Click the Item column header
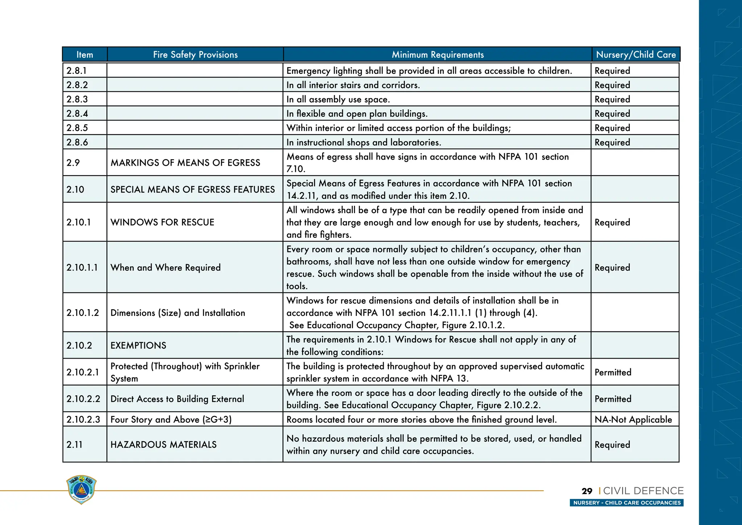(x=85, y=55)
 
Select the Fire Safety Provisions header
(x=195, y=55)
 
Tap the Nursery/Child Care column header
(x=636, y=55)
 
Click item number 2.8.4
(x=77, y=113)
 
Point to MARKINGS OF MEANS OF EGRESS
(x=185, y=163)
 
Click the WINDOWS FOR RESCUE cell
(x=162, y=222)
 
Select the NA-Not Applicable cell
(x=633, y=419)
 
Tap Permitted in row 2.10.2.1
(x=613, y=372)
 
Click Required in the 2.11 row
(x=612, y=445)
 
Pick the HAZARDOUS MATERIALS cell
(x=163, y=445)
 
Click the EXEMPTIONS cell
(x=138, y=346)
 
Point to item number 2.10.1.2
(x=83, y=313)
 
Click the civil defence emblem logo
(x=82, y=489)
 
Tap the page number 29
(x=587, y=491)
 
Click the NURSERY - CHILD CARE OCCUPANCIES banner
(x=626, y=503)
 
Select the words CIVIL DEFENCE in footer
(x=643, y=491)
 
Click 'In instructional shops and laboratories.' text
(x=364, y=142)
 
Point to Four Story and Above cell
(x=171, y=419)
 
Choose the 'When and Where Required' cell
(x=165, y=268)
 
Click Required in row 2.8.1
(x=612, y=71)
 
